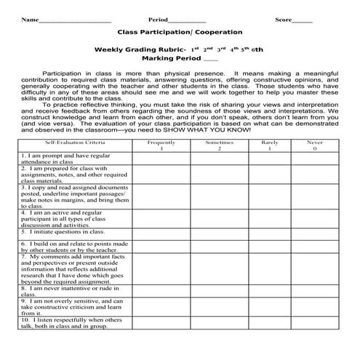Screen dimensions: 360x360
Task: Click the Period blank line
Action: (191, 21)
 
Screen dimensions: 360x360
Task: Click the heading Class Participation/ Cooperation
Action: (179, 33)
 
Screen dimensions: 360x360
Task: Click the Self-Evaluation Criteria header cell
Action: (75, 144)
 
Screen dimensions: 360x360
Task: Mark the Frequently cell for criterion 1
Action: (161, 158)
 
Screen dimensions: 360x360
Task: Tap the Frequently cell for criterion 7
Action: (161, 268)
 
